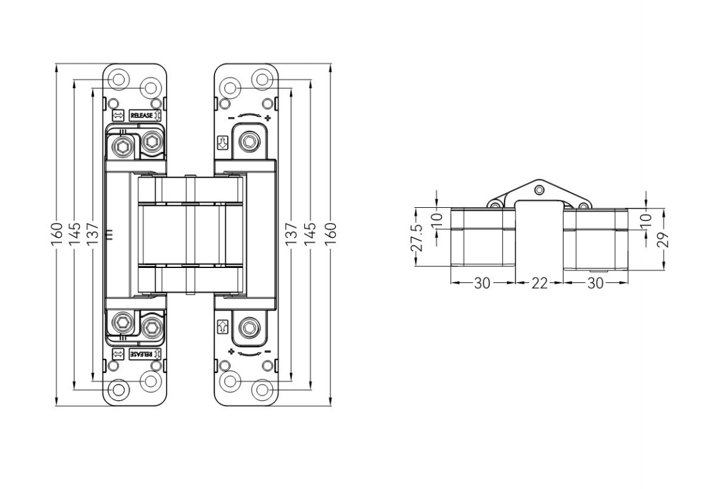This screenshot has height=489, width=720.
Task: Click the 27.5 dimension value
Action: [416, 238]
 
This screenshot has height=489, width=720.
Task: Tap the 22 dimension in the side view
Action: [539, 283]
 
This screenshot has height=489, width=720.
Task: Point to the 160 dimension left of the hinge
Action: [56, 234]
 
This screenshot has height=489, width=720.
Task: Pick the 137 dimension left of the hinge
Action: [92, 234]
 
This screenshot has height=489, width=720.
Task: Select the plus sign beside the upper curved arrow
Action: [267, 118]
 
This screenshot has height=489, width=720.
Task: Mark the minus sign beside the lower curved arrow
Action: [267, 352]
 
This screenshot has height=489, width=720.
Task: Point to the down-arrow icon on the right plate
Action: [221, 143]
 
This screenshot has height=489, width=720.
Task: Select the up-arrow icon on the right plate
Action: [221, 326]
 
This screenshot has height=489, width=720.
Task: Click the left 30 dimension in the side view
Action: [481, 283]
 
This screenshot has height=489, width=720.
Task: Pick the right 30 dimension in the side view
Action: [595, 283]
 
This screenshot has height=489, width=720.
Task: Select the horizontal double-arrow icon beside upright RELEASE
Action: [116, 116]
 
